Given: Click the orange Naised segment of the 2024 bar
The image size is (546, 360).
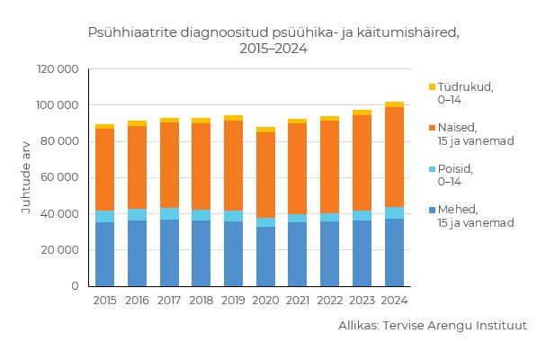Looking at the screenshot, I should coord(394,157).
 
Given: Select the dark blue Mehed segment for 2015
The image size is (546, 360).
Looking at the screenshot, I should coord(104,254).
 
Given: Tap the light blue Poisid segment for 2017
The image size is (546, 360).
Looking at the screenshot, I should coord(169,213).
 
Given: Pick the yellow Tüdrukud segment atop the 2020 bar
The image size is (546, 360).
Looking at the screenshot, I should coord(265,130).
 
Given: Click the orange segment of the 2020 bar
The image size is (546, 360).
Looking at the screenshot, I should coord(265,175).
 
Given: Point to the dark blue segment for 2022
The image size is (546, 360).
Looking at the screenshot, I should coord(330,254).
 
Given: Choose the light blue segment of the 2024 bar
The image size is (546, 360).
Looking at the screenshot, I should coord(394,212).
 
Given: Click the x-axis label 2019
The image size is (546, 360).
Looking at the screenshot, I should coord(233,300).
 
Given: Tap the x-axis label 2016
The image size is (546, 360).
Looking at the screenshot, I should coord(137,300).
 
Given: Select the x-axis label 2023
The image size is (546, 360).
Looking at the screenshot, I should coord(362,300).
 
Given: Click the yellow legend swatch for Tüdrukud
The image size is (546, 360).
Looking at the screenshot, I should coord(432,87).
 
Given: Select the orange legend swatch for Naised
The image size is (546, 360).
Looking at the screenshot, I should coord(432,128).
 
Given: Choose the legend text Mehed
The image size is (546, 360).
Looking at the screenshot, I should coord(458,209).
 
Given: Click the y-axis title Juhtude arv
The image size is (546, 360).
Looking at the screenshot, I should coord(26,177).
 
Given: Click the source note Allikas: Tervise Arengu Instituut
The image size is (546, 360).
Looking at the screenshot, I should coord(433,326).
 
